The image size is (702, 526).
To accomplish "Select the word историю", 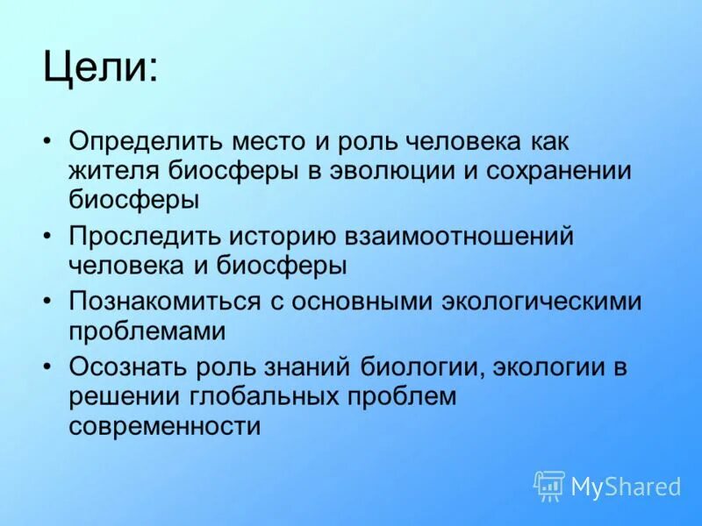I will click(x=280, y=236).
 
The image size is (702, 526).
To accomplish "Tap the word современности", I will click(x=165, y=425).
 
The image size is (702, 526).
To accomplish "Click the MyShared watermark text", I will click(x=626, y=486).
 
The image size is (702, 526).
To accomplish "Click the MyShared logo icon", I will click(x=549, y=486).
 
